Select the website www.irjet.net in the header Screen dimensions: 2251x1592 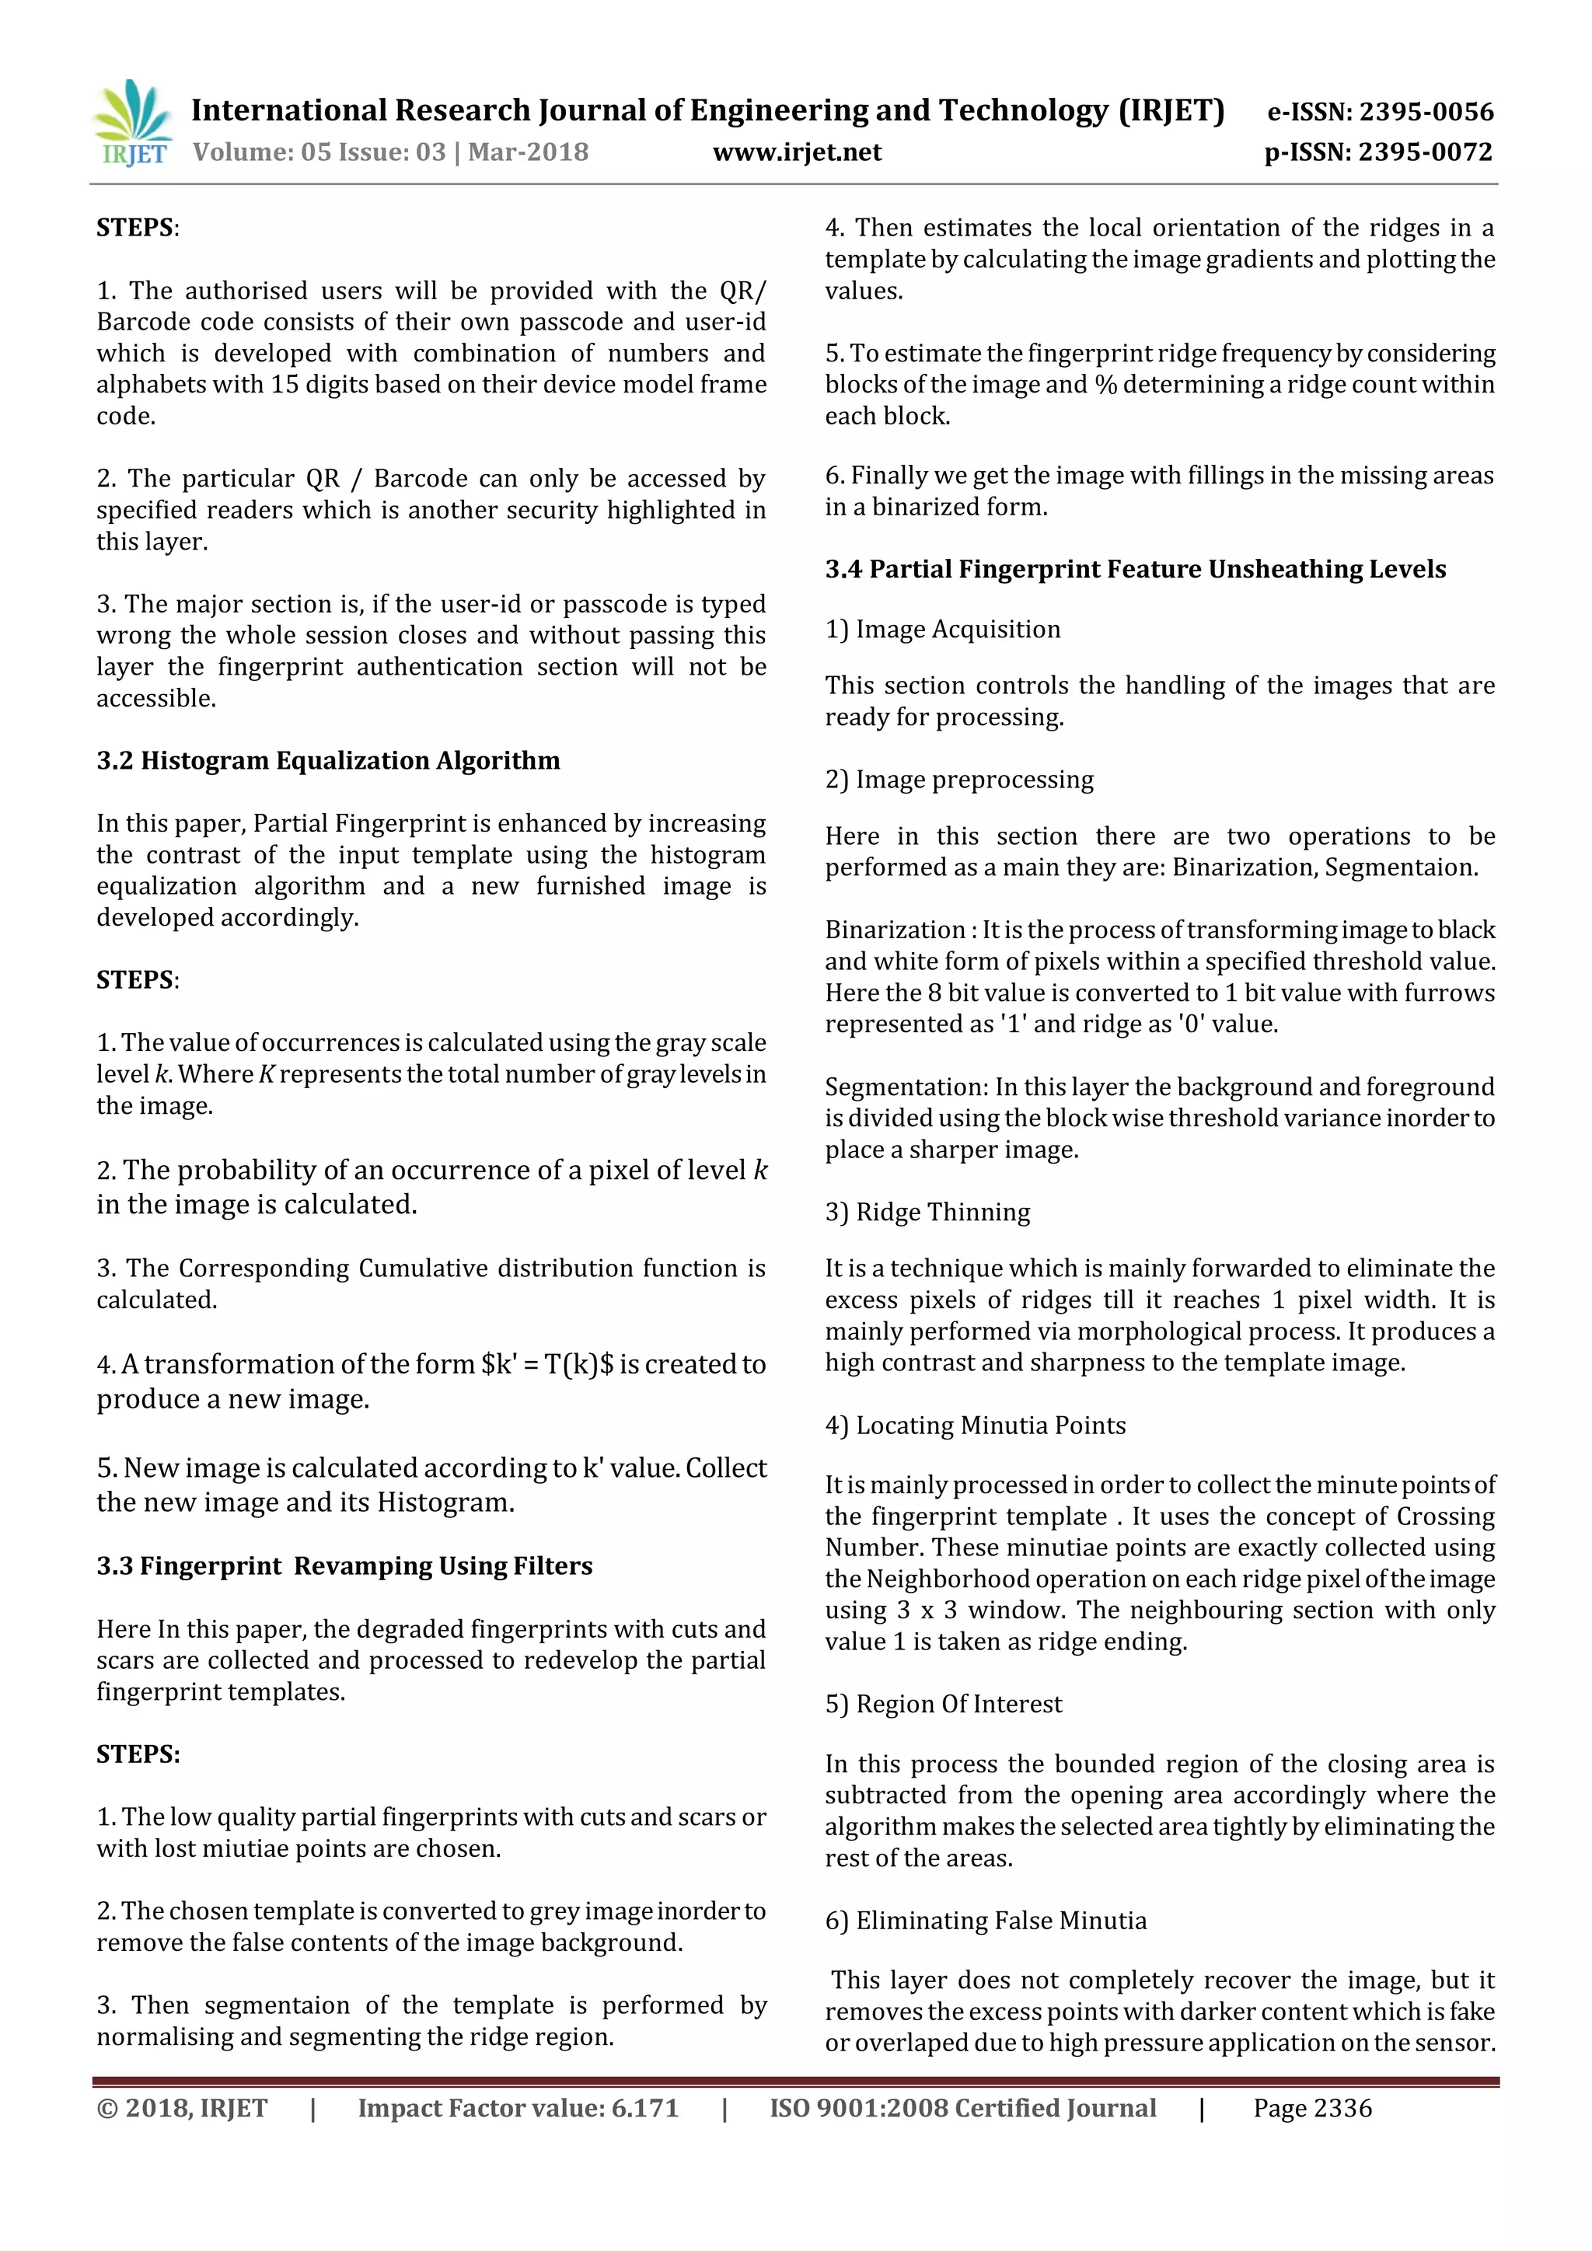point(797,152)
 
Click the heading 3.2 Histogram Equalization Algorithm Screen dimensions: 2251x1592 point(328,761)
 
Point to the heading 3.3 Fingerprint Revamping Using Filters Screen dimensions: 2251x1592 point(344,1565)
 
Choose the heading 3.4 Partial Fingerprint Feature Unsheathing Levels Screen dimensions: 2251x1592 point(1135,570)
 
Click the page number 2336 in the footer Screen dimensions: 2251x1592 point(1342,2109)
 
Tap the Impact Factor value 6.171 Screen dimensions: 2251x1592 point(645,2109)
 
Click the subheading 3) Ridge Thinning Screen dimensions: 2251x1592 point(927,1213)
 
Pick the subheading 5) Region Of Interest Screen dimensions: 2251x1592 point(943,1704)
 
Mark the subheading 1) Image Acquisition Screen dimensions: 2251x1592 point(942,630)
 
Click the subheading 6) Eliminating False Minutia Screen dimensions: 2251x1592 point(985,1921)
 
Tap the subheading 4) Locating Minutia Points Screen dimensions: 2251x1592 point(975,1426)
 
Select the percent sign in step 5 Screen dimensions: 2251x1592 point(1106,384)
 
